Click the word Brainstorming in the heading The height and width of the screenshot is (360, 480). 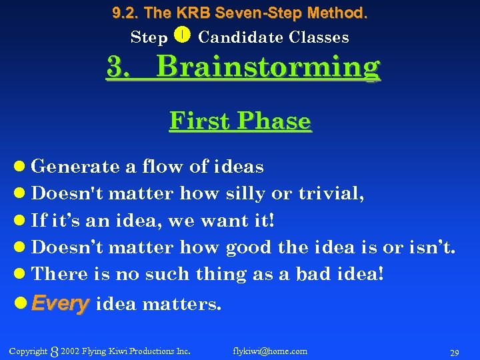(269, 68)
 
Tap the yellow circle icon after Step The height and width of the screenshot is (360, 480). (183, 35)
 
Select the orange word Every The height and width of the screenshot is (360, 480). (60, 304)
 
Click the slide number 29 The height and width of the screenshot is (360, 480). (455, 352)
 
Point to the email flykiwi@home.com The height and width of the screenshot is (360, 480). (270, 351)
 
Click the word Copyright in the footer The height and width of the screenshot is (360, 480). (28, 351)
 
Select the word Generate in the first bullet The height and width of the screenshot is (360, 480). (70, 167)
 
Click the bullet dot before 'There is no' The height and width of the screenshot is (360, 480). (21, 274)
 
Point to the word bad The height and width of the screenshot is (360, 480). (317, 273)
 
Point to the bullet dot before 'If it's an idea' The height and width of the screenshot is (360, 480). (21, 221)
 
